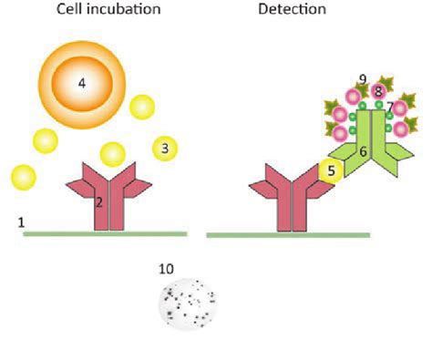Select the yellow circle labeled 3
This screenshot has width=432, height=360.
[165, 146]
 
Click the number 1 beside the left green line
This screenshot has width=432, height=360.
[20, 222]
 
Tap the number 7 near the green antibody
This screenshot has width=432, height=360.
[390, 108]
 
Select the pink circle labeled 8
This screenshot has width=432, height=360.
[377, 92]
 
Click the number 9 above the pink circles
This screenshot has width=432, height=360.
[362, 80]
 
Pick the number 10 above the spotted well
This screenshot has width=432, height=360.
[166, 269]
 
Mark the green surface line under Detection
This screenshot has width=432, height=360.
[288, 235]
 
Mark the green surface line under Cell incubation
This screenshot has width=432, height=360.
[106, 234]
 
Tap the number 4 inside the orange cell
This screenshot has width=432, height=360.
[81, 83]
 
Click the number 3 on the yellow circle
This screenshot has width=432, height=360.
[165, 146]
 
